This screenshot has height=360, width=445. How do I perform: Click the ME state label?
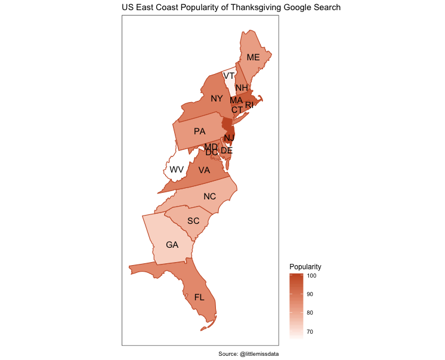coord(253,57)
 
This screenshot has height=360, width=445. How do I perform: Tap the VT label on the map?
coord(229,76)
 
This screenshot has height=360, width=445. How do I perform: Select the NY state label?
coord(217,99)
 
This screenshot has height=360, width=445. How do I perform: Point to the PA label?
coord(199,131)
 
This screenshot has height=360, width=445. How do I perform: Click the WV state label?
coord(177,170)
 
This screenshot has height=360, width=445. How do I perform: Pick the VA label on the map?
coord(204,170)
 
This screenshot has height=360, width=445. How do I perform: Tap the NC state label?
coord(209,196)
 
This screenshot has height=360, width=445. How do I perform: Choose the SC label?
coord(193,221)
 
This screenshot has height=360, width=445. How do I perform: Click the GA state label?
coord(172,245)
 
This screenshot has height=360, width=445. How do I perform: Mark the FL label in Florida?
coord(199,297)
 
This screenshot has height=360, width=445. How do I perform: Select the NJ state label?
coord(230,138)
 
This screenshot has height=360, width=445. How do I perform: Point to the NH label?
coord(242,88)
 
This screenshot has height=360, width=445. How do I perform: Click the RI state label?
coord(249,105)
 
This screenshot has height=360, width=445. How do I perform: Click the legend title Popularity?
coord(305,266)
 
